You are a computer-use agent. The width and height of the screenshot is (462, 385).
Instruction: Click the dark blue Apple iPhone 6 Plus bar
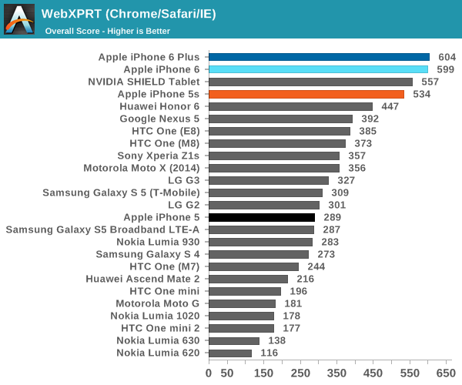[319, 57]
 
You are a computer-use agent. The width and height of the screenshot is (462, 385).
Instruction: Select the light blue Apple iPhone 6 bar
[318, 69]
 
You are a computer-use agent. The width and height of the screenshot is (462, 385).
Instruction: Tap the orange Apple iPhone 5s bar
[306, 94]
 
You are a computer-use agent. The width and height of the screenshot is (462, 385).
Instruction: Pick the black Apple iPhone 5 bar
[261, 217]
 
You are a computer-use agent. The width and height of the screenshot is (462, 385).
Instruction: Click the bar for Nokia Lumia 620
[229, 353]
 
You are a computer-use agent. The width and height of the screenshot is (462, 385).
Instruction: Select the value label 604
[447, 57]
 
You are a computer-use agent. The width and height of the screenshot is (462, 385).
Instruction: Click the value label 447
[390, 106]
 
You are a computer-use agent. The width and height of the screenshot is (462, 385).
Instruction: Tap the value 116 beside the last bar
[269, 353]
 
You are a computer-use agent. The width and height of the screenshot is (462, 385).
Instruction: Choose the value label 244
[316, 266]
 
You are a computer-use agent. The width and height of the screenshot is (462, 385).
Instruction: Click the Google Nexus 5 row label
[159, 119]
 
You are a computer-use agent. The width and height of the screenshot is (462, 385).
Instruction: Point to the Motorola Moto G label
[157, 303]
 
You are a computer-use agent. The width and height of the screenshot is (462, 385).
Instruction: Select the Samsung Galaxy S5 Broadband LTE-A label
[102, 229]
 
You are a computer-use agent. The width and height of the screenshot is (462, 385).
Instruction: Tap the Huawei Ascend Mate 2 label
[142, 279]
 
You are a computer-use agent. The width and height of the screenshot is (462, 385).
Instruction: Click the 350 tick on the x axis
[336, 373]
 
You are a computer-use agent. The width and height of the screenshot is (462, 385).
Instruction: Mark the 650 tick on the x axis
[446, 373]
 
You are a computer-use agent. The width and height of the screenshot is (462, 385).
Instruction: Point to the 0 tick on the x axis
[209, 373]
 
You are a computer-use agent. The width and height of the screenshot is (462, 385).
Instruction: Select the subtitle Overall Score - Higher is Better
[107, 32]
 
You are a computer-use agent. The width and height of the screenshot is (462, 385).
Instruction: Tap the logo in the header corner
[19, 19]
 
